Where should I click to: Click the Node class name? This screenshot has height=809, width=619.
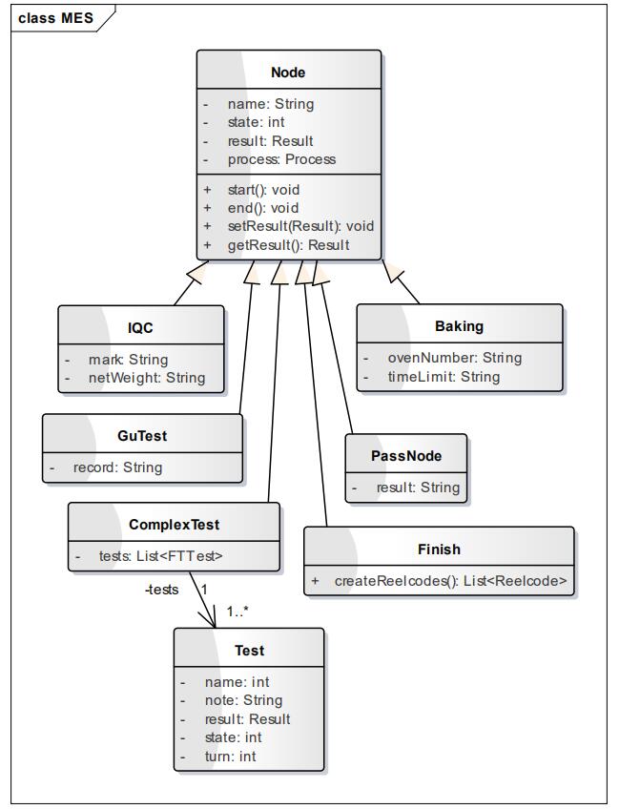(288, 73)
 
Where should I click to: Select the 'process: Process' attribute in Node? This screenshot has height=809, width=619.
(281, 159)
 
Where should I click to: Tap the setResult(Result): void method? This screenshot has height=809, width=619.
(300, 226)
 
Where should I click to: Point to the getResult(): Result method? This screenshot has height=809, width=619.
(288, 245)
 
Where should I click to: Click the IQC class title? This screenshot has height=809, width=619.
(140, 327)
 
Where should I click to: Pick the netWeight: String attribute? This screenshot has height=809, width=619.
(147, 378)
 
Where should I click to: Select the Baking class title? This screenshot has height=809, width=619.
(459, 326)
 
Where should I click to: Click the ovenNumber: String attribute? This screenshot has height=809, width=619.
(454, 358)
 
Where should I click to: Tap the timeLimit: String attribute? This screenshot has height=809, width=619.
(444, 377)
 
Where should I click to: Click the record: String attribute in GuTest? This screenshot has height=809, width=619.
(117, 467)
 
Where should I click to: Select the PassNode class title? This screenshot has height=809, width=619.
(406, 456)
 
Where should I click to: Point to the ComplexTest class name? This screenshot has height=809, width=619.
(174, 525)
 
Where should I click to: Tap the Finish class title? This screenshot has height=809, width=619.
(439, 550)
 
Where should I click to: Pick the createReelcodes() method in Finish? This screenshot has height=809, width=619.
(450, 581)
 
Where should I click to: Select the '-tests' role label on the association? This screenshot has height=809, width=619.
(161, 590)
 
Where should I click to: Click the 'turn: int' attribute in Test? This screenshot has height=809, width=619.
(231, 757)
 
